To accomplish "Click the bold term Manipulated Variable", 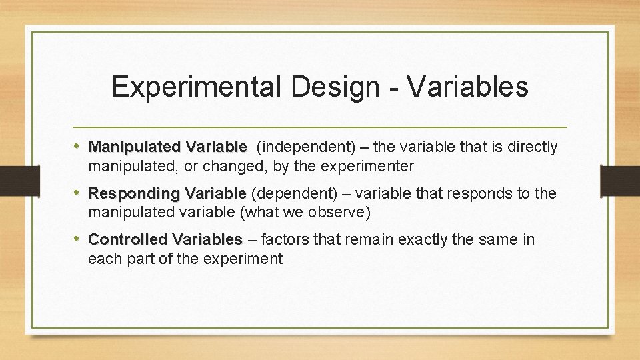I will pos(167,147).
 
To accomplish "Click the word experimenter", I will pos(370,165).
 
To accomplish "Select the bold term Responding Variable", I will pos(167,194).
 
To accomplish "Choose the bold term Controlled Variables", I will pos(165,239).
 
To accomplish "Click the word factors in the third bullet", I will pos(285,239).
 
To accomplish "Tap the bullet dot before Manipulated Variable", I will pos(79,146).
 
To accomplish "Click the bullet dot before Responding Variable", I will pos(79,193).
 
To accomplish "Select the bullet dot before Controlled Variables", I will pos(79,239).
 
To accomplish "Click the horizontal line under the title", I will pos(320,127).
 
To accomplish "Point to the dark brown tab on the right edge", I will pos(621,181).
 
